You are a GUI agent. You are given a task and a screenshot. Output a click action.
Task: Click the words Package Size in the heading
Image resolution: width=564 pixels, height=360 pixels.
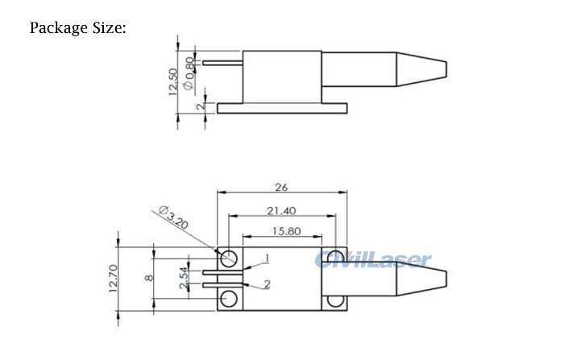click(78, 28)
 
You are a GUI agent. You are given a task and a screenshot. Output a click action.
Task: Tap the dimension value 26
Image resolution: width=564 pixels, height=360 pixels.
click(282, 187)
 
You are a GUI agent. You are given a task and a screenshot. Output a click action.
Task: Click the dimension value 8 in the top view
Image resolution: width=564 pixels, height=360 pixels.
click(147, 279)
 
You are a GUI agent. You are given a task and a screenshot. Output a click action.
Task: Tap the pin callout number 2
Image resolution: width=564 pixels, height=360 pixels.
click(267, 284)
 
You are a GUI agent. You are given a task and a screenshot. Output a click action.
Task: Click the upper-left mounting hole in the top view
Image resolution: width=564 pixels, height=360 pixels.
click(230, 258)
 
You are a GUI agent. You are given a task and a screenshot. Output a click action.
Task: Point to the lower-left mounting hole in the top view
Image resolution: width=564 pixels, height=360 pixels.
click(230, 300)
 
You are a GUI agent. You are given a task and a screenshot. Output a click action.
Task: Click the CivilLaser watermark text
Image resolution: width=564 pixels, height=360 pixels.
click(372, 259)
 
